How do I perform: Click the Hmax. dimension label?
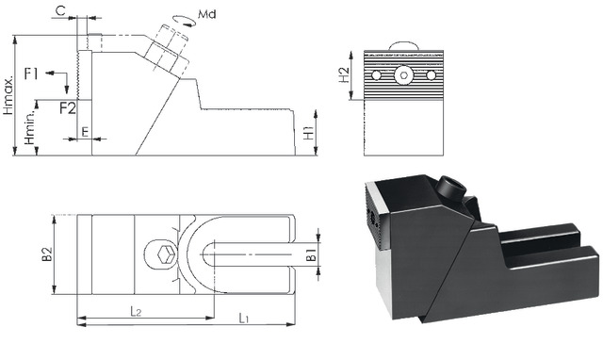tap(8, 94)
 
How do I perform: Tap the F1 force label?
tap(31, 74)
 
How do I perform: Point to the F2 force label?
tap(68, 108)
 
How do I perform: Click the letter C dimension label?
tap(60, 10)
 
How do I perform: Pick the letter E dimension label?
tap(85, 132)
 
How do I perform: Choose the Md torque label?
tap(207, 15)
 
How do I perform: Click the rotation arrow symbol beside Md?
tap(185, 21)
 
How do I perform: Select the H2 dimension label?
tap(344, 75)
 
